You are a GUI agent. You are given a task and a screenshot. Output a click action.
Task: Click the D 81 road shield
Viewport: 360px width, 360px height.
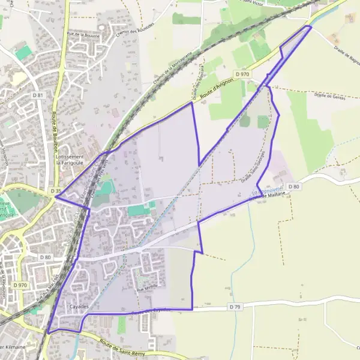tap(39, 95)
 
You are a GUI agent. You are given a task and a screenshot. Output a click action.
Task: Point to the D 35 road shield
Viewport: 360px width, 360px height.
tap(56, 191)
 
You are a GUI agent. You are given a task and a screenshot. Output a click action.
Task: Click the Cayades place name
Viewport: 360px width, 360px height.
tap(79, 307)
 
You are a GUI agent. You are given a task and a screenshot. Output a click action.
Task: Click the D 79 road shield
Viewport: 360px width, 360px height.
tap(234, 307)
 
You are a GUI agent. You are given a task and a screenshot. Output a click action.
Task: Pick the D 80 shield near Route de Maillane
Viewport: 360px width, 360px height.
tap(293, 187)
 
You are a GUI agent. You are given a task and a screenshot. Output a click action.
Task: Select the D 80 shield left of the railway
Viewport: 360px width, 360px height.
tap(46, 257)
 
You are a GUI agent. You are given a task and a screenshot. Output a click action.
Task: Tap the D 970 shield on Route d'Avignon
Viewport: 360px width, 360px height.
tap(242, 74)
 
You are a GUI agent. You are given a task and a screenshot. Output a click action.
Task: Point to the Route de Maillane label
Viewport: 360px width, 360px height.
tap(269, 197)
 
